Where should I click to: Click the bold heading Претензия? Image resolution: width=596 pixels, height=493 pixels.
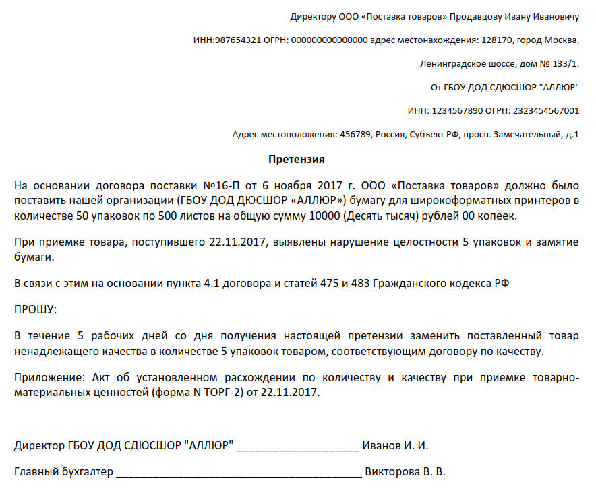click(297, 160)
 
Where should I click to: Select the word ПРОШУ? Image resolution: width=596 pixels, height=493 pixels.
click(36, 309)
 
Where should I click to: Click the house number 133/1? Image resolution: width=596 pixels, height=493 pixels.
click(564, 64)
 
